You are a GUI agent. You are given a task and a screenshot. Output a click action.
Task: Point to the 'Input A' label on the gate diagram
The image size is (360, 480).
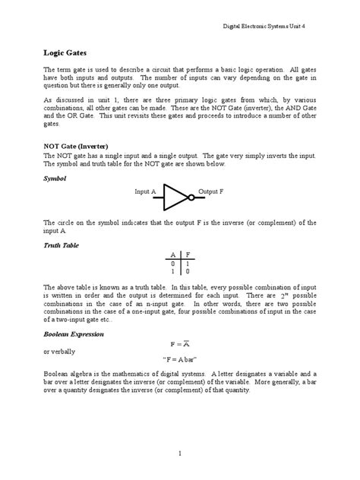coord(146,192)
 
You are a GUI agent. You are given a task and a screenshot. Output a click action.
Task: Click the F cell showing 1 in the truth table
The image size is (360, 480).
coord(188,263)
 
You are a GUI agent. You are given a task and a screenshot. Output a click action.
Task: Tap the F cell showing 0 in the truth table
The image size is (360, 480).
coord(188,271)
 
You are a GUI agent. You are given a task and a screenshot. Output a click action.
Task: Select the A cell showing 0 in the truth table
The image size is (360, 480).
coord(173,263)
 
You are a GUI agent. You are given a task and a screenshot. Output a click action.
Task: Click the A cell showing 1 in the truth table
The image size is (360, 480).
coord(173,271)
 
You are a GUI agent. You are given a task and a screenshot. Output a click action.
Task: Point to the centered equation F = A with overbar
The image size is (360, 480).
coord(180,343)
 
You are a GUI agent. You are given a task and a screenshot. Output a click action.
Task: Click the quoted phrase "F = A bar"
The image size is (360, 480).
coord(180,360)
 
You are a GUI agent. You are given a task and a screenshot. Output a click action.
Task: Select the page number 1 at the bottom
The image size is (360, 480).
coord(180,453)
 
